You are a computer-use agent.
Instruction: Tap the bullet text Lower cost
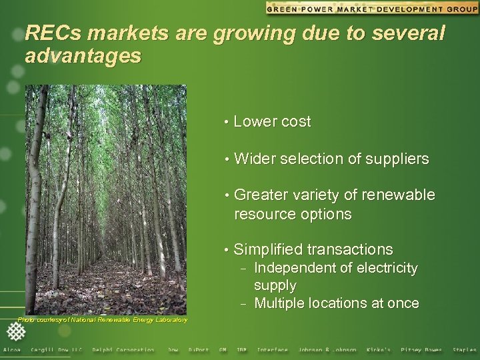tap(272, 121)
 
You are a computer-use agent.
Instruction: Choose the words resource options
tap(292, 214)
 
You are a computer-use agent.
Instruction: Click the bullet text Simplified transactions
tap(313, 249)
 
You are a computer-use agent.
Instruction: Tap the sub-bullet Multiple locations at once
tap(337, 303)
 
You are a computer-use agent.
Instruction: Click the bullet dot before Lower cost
tap(227, 122)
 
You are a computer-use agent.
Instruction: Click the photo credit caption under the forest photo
tap(102, 321)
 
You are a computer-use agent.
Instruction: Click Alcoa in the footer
tap(12, 350)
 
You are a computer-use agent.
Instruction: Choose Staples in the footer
tap(464, 350)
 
